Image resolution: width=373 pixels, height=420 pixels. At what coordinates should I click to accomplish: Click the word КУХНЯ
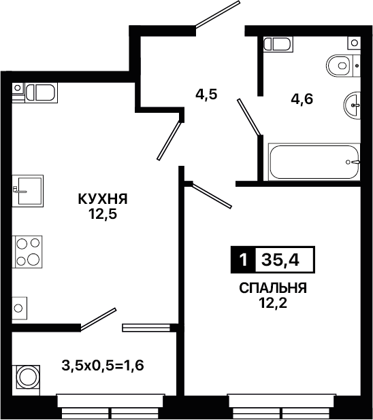pos(103,199)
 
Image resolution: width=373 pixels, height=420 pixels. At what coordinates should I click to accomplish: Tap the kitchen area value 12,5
pos(103,214)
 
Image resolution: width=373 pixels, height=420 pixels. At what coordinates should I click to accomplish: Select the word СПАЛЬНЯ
pos(273,288)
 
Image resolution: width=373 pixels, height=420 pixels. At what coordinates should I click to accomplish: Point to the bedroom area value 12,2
pos(273,303)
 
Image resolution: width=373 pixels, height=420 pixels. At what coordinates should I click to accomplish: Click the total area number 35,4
pos(280,260)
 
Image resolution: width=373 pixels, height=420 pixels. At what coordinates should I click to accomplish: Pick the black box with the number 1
pos(244,260)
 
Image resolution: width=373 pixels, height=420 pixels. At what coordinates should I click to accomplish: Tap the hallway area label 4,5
pos(206,94)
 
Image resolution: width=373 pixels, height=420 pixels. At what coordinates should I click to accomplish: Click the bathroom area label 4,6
pos(302,99)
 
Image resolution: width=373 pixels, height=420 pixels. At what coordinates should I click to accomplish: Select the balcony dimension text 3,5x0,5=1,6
pos(103,365)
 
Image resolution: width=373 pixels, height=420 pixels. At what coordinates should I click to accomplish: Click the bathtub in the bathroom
pos(314,162)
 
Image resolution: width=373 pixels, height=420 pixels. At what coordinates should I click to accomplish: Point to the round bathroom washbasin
pos(352,105)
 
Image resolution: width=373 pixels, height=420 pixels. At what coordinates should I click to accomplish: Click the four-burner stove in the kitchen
pos(27,251)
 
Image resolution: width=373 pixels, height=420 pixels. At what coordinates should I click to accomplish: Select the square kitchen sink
pos(28,191)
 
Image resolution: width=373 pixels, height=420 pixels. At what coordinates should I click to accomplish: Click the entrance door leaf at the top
pos(217,14)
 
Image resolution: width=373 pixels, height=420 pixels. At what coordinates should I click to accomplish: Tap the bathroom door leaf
pos(248,117)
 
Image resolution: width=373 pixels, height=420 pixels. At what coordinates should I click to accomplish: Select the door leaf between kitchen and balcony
pos(99,319)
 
